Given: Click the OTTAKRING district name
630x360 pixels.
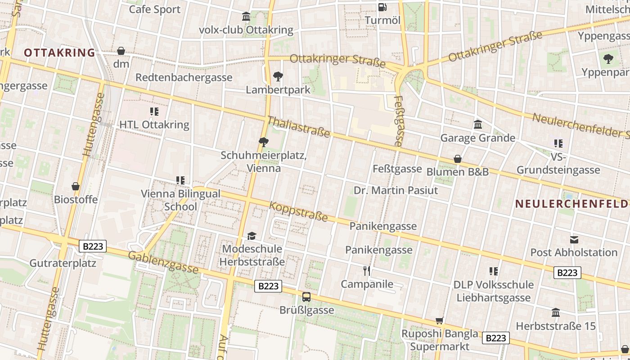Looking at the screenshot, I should point(59,53).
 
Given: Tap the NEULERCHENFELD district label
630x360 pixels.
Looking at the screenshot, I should point(572,204).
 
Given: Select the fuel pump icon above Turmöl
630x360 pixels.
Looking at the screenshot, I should point(382,7).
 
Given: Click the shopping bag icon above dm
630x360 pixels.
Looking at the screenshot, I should point(121,51).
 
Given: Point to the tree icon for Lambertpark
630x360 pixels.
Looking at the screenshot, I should point(278,76).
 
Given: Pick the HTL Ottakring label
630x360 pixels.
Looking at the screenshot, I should point(154,125).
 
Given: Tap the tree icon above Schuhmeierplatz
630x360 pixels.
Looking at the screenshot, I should point(264,143).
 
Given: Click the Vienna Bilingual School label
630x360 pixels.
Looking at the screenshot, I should point(180,200).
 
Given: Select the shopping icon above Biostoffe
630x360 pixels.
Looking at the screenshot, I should point(76,186).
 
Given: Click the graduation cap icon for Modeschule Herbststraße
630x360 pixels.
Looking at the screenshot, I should point(252,236).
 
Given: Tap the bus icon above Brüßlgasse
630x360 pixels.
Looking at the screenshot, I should point(306,297).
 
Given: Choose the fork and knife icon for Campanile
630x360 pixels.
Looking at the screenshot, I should point(367,270).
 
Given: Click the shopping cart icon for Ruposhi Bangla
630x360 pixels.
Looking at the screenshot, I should point(439,320).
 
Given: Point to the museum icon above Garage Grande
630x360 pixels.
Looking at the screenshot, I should point(478,124).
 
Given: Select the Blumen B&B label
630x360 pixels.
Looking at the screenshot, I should point(457,172).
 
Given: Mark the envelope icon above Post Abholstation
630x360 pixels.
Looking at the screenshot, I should point(574,239).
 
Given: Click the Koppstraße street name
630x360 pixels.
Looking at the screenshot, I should point(298,211).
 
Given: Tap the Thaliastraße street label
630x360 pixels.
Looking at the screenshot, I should point(299,127).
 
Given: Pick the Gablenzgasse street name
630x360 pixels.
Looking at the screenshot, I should point(163,262).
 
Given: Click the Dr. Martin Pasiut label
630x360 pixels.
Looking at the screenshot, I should point(396,190).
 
